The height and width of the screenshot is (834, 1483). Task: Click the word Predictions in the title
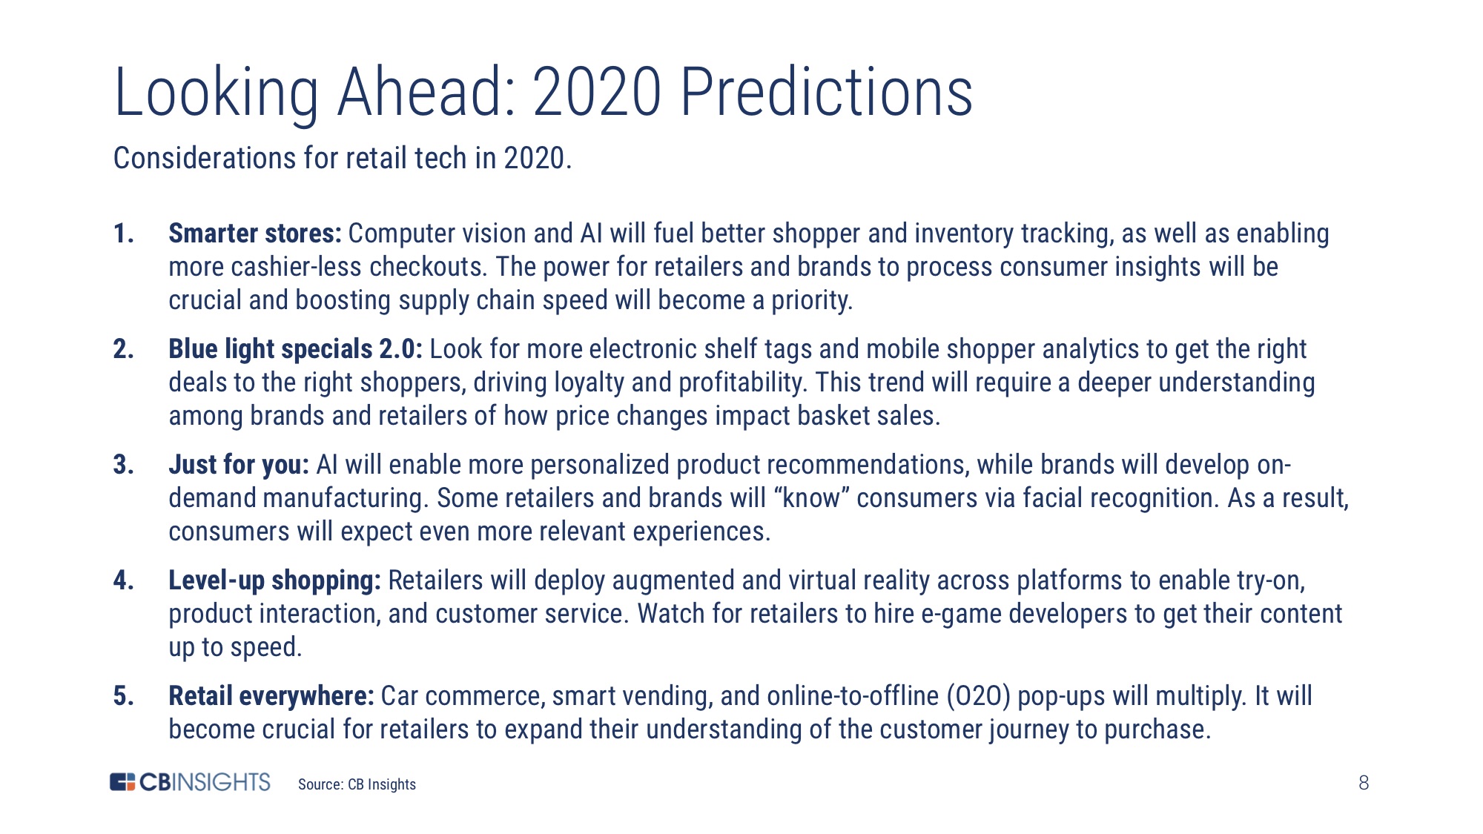826,92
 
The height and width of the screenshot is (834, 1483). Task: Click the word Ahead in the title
427,92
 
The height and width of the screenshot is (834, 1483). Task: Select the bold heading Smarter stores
255,234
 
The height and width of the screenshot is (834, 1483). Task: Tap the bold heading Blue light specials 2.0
295,349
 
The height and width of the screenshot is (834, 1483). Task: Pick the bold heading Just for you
239,465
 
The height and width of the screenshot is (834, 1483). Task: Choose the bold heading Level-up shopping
274,580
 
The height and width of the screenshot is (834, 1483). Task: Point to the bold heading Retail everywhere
271,696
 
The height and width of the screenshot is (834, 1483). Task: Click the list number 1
123,234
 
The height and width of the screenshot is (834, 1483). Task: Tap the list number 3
123,465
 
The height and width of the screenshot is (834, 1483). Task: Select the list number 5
123,696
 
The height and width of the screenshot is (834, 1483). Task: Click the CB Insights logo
190,782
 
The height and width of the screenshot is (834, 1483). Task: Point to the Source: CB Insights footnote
357,784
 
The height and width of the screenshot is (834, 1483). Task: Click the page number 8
1364,783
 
